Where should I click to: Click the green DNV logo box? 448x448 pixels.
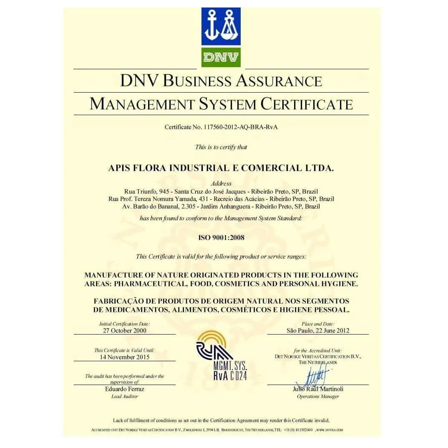(221, 57)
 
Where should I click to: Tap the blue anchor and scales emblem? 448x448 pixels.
(221, 27)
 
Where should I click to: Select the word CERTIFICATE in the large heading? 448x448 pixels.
(307, 104)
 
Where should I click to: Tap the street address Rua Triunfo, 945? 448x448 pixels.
(144, 191)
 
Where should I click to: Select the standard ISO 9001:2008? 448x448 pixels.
(221, 238)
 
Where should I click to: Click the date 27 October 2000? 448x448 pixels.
(125, 330)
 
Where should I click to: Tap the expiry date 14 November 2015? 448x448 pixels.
(125, 357)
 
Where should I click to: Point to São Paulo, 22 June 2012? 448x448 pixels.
(318, 330)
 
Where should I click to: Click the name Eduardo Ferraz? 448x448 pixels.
(125, 389)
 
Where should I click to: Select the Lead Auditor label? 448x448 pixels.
(125, 396)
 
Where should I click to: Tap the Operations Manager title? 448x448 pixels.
(318, 396)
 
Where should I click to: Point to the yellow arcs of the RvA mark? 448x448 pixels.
(212, 337)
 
